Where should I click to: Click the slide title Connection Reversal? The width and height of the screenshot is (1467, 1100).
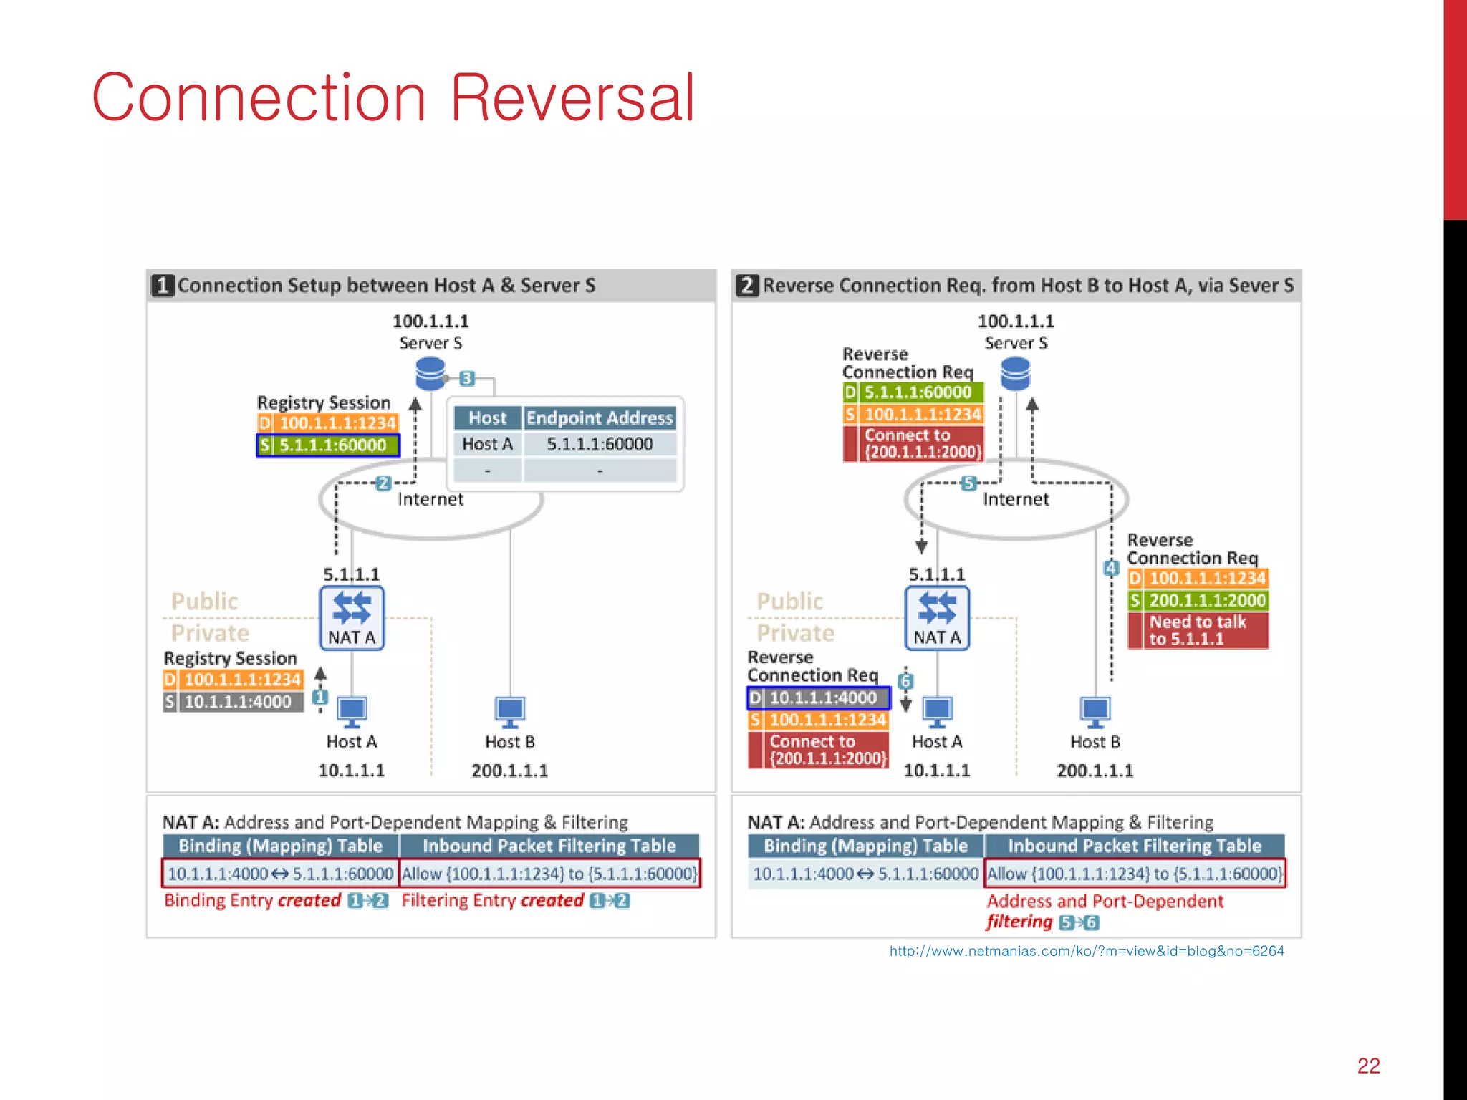pyautogui.click(x=393, y=98)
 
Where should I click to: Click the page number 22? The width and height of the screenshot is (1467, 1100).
pyautogui.click(x=1368, y=1066)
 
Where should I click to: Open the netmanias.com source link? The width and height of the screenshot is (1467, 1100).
pyautogui.click(x=1086, y=951)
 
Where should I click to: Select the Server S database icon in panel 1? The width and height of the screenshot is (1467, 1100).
pyautogui.click(x=431, y=373)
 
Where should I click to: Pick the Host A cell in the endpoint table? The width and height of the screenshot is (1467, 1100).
pyautogui.click(x=487, y=444)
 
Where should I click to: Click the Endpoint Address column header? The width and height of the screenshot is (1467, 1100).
pyautogui.click(x=600, y=418)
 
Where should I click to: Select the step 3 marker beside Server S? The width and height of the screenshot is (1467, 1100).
pyautogui.click(x=467, y=378)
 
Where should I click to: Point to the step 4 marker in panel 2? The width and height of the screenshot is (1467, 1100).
pyautogui.click(x=1111, y=569)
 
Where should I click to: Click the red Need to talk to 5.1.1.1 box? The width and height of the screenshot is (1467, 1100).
pyautogui.click(x=1198, y=630)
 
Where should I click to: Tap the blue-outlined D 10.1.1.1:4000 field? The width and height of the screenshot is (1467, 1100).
pyautogui.click(x=818, y=698)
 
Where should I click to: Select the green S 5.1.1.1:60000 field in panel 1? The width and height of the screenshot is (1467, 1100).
pyautogui.click(x=328, y=445)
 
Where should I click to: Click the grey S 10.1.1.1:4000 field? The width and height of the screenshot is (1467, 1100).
pyautogui.click(x=234, y=702)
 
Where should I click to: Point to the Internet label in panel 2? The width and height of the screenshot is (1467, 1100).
pyautogui.click(x=1015, y=499)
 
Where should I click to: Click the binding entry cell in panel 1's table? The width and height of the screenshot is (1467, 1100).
pyautogui.click(x=280, y=874)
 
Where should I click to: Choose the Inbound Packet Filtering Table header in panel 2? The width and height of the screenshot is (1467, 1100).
pyautogui.click(x=1134, y=846)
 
